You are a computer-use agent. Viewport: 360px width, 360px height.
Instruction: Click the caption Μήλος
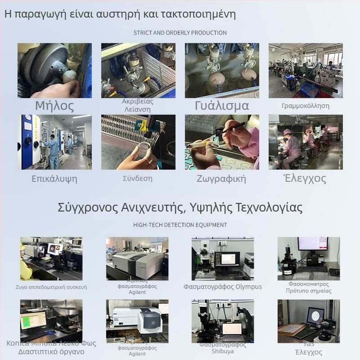coord(54,106)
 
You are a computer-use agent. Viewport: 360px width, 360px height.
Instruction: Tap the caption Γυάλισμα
coord(222,106)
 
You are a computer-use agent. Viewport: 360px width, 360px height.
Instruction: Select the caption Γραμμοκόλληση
coord(306,106)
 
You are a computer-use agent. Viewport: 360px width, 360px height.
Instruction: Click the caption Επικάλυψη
coord(54,179)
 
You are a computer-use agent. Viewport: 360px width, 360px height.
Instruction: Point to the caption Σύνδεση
coord(138,178)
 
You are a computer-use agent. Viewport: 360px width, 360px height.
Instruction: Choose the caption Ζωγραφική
coord(221,179)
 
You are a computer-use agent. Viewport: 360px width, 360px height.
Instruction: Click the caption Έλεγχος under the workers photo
coord(305,178)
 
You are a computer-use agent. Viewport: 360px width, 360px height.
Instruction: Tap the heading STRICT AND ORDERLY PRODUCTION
coord(180,33)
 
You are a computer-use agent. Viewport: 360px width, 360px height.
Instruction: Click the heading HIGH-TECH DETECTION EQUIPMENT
coord(180,225)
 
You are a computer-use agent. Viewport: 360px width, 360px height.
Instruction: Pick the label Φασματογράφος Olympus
coord(222,287)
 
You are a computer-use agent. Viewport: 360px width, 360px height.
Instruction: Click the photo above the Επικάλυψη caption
coord(54,142)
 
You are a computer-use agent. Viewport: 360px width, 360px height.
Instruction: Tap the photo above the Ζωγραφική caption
coord(222,142)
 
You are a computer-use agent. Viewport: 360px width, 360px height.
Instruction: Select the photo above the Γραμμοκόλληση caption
coord(306,71)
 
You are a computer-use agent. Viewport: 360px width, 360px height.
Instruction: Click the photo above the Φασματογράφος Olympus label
coord(222,258)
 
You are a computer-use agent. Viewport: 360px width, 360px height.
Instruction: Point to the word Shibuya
coord(222,351)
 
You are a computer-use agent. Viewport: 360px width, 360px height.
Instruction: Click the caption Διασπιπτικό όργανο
coord(51,351)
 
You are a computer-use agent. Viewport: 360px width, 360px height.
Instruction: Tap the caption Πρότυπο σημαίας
coord(309,291)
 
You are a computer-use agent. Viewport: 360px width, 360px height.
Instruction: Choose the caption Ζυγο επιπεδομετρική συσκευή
coord(51,287)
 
